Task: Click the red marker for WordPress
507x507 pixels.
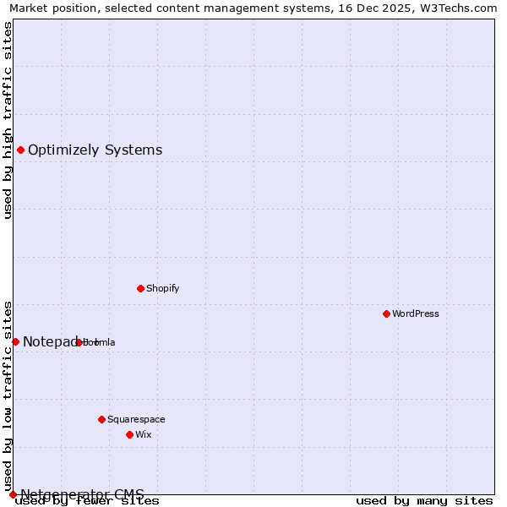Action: pyautogui.click(x=386, y=313)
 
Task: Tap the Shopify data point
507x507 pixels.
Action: pyautogui.click(x=140, y=288)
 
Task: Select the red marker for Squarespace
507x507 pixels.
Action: pyautogui.click(x=101, y=419)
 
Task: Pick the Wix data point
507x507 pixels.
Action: pyautogui.click(x=129, y=434)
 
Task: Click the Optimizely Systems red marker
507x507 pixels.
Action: pyautogui.click(x=20, y=150)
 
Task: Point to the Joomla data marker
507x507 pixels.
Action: pyautogui.click(x=79, y=342)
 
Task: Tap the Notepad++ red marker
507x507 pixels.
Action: pyautogui.click(x=15, y=341)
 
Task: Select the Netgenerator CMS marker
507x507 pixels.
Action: pyautogui.click(x=13, y=494)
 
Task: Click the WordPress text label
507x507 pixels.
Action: pyautogui.click(x=416, y=313)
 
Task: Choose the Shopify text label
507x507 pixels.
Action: pyautogui.click(x=163, y=288)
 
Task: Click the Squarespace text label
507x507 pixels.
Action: pyautogui.click(x=136, y=419)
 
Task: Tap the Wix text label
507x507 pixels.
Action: pyautogui.click(x=143, y=434)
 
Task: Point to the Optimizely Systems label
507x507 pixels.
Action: pyautogui.click(x=95, y=150)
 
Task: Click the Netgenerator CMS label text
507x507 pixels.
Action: pyautogui.click(x=82, y=494)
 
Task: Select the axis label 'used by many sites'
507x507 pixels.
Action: pyautogui.click(x=424, y=501)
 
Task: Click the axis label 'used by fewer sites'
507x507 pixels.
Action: pyautogui.click(x=88, y=501)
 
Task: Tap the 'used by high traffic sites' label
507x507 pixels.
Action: pyautogui.click(x=8, y=120)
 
